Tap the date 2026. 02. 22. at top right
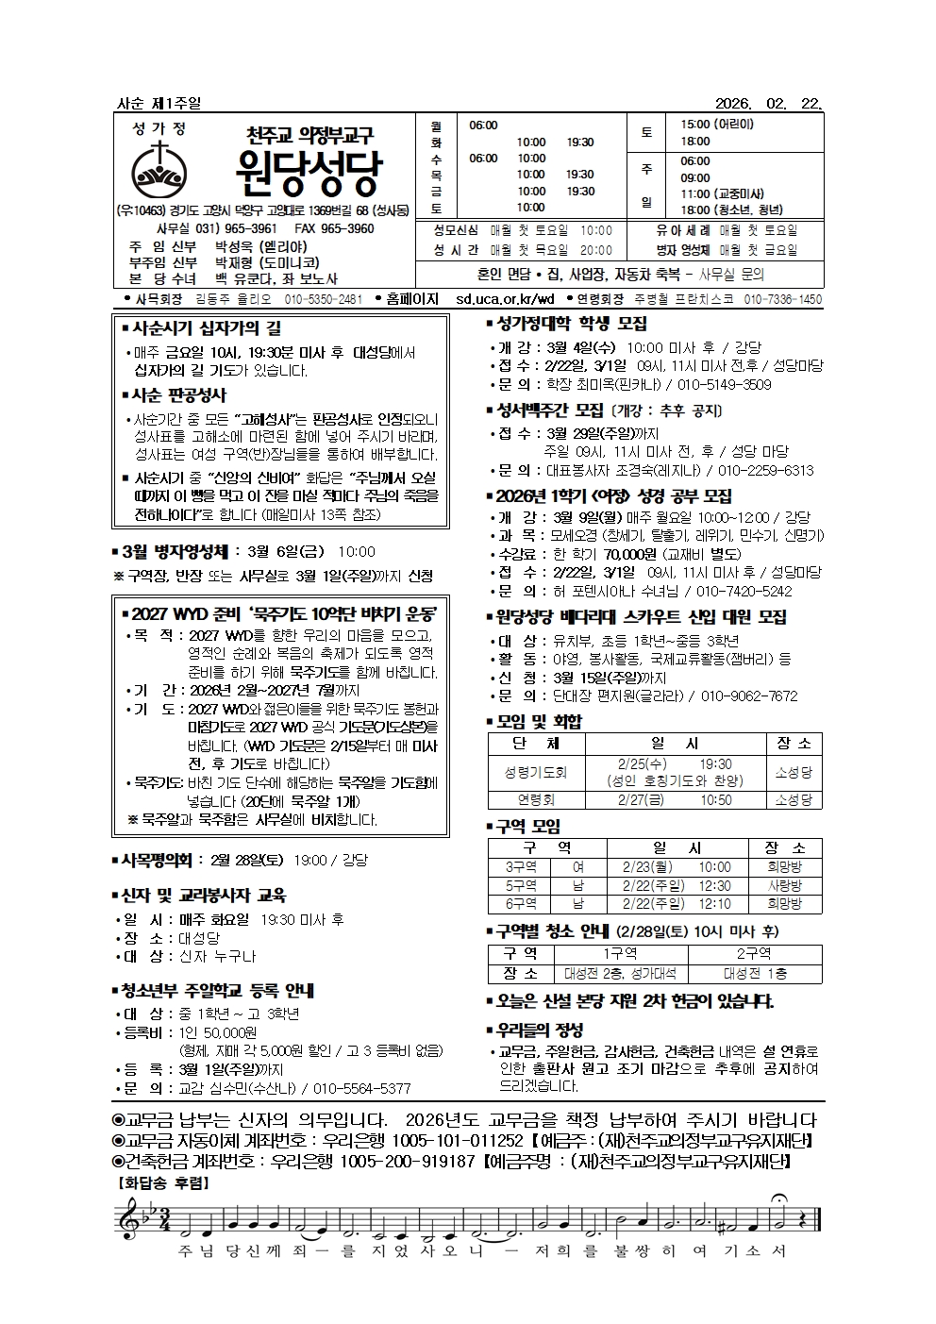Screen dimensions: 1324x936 click(769, 103)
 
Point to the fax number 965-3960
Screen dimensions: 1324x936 click(348, 228)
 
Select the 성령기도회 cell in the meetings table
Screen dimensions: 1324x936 click(536, 772)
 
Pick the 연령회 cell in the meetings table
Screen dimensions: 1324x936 click(536, 800)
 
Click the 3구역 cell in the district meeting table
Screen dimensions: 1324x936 click(521, 867)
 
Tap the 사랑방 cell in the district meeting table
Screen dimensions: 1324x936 click(784, 886)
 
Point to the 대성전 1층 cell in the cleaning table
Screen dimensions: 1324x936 click(755, 974)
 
